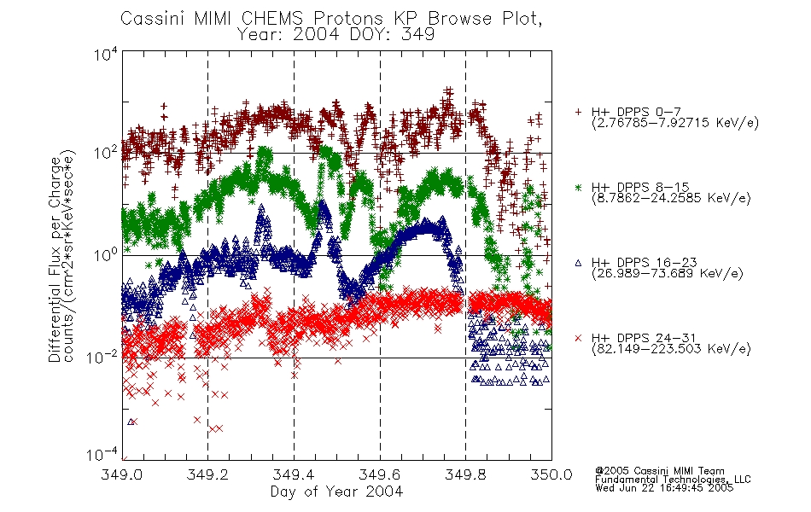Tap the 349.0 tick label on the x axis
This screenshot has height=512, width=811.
(121, 474)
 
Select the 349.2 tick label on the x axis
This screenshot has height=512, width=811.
(207, 474)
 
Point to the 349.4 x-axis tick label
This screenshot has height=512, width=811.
(294, 474)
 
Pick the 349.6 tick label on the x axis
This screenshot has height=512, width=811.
(380, 474)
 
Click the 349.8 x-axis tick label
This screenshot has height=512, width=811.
(465, 474)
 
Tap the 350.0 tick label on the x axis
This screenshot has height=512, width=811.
(551, 474)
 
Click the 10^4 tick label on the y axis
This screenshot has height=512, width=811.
(106, 54)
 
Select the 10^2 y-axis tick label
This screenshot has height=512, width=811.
(106, 154)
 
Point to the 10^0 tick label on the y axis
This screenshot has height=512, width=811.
(106, 256)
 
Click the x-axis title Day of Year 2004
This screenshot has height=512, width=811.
(336, 492)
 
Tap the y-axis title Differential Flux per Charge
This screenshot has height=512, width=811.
(55, 259)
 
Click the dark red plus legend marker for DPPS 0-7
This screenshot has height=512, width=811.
(578, 112)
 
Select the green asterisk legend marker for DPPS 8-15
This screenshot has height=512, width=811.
(578, 187)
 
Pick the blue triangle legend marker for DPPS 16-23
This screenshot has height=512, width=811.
(578, 263)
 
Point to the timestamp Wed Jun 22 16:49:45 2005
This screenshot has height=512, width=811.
(664, 488)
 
